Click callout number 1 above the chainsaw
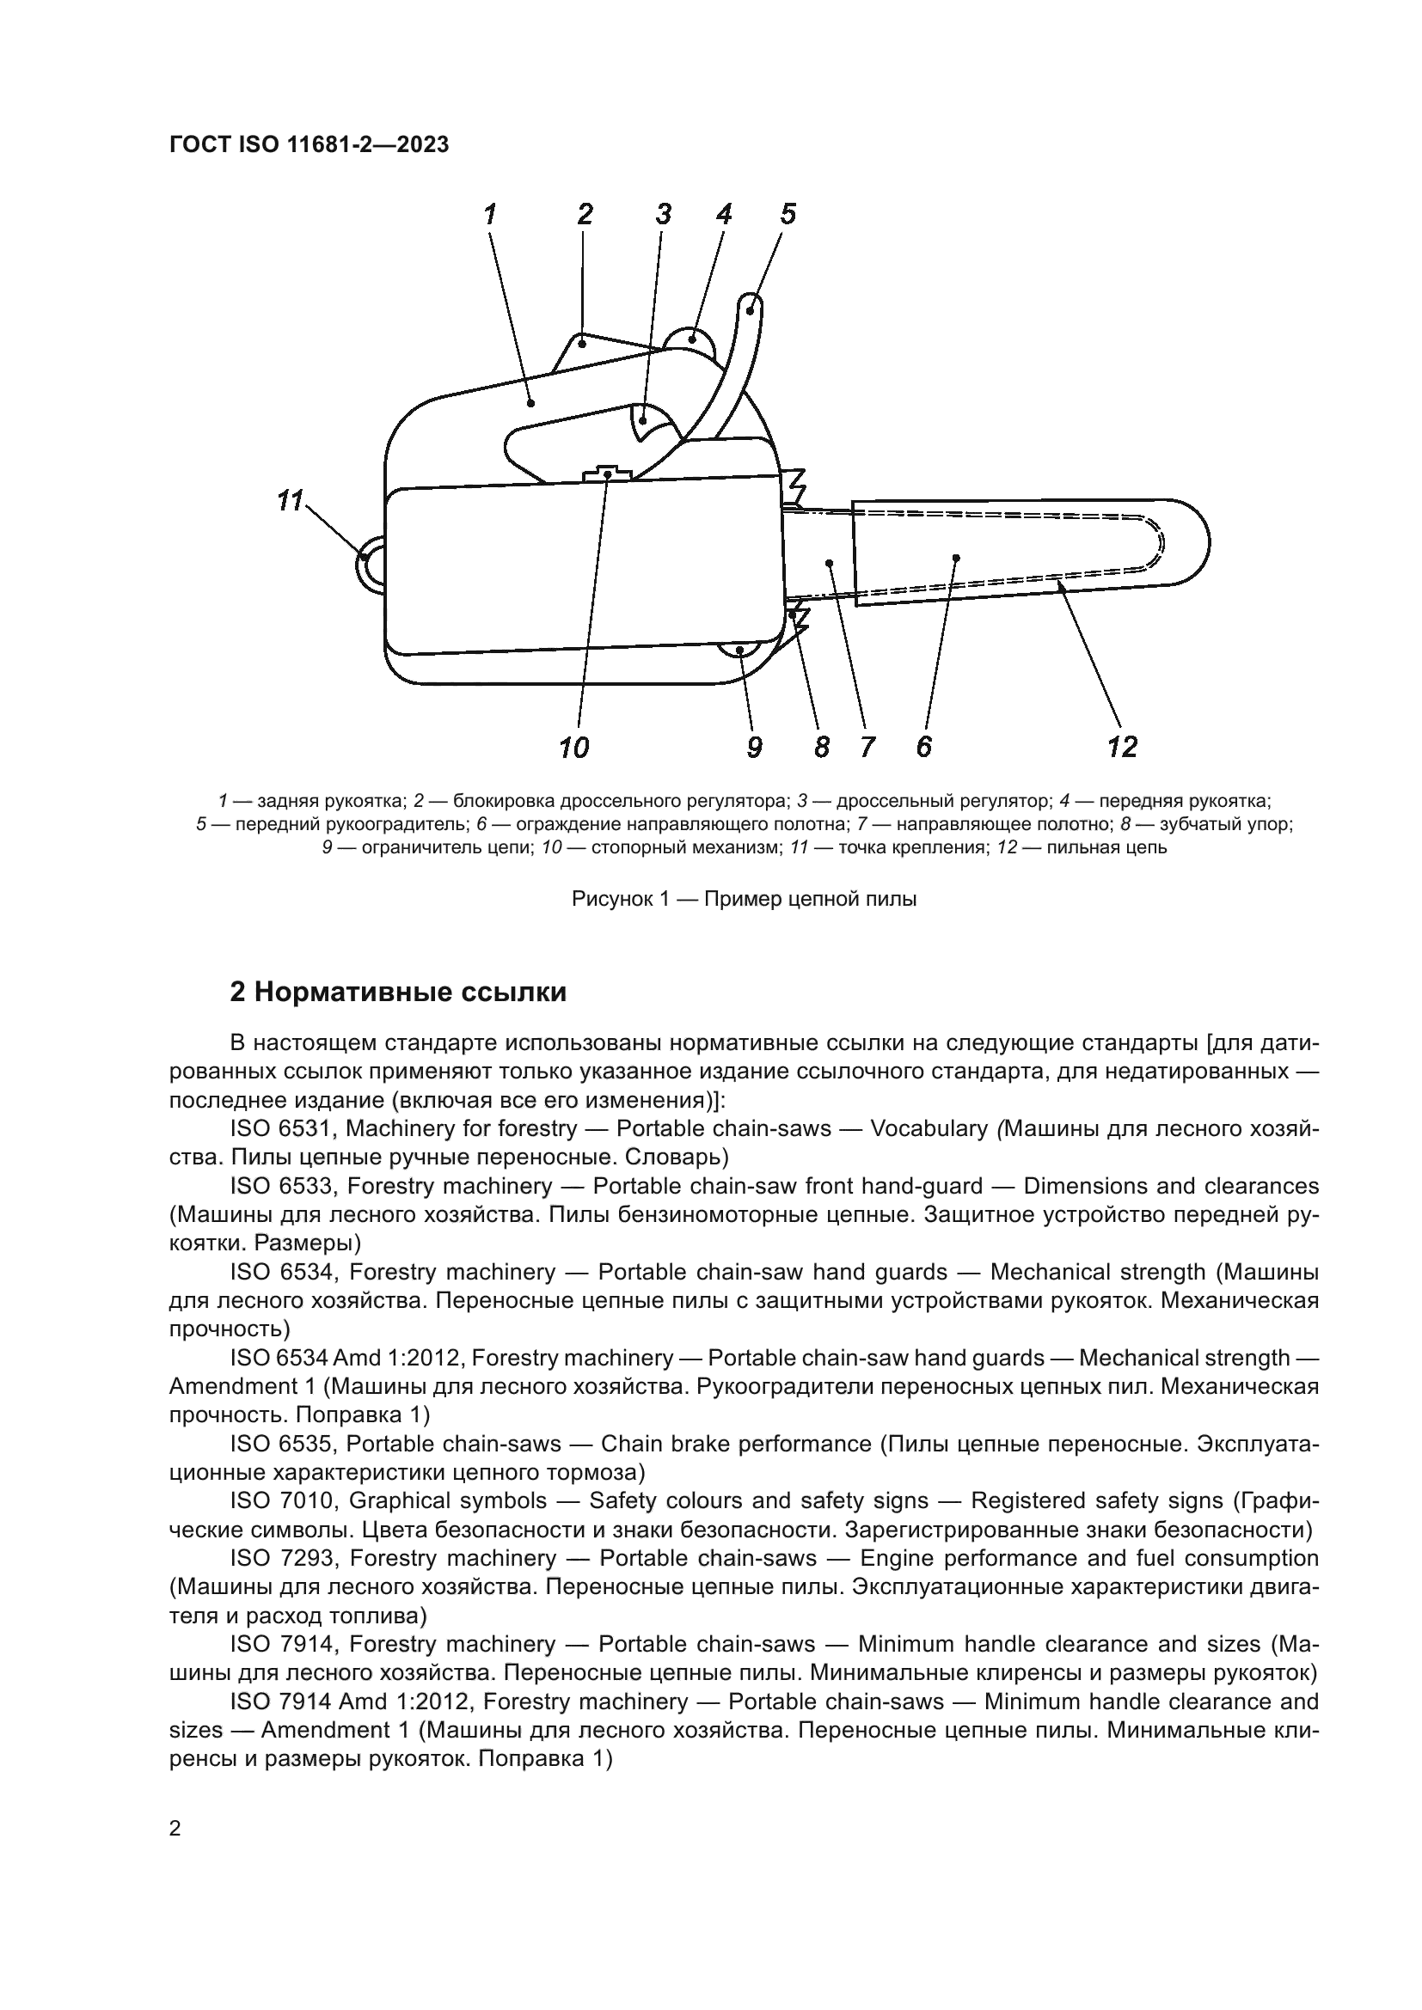[490, 214]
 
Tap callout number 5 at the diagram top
[788, 214]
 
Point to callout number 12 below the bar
[1122, 747]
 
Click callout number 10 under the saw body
[573, 748]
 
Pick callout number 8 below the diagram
[821, 748]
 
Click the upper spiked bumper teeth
[794, 480]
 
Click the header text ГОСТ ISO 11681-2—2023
[310, 144]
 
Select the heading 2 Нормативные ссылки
[398, 992]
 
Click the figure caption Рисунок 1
[744, 899]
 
